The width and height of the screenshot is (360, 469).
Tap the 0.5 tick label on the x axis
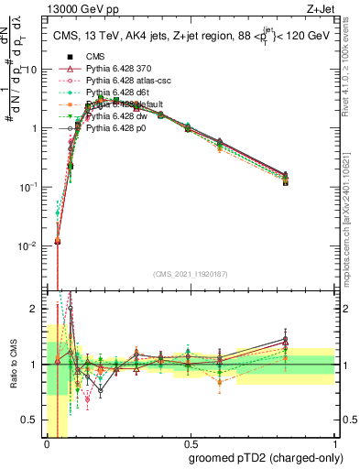tap(191, 443)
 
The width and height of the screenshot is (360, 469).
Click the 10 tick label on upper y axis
tap(33, 70)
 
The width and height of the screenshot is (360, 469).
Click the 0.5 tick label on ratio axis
tap(32, 421)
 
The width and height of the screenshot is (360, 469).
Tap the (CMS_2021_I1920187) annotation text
tap(191, 274)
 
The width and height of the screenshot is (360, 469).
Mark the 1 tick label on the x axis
tap(334, 443)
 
